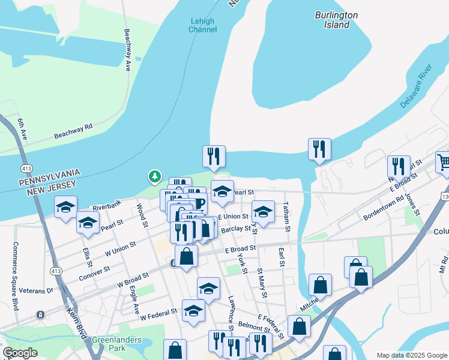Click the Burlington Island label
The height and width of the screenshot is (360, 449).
tap(336, 20)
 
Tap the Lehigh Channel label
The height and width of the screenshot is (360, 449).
tap(202, 25)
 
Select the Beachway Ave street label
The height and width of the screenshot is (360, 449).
tap(127, 50)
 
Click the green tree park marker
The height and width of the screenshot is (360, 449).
tap(155, 176)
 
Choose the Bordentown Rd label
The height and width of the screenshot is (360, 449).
tap(384, 206)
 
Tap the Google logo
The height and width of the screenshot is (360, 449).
tap(20, 353)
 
